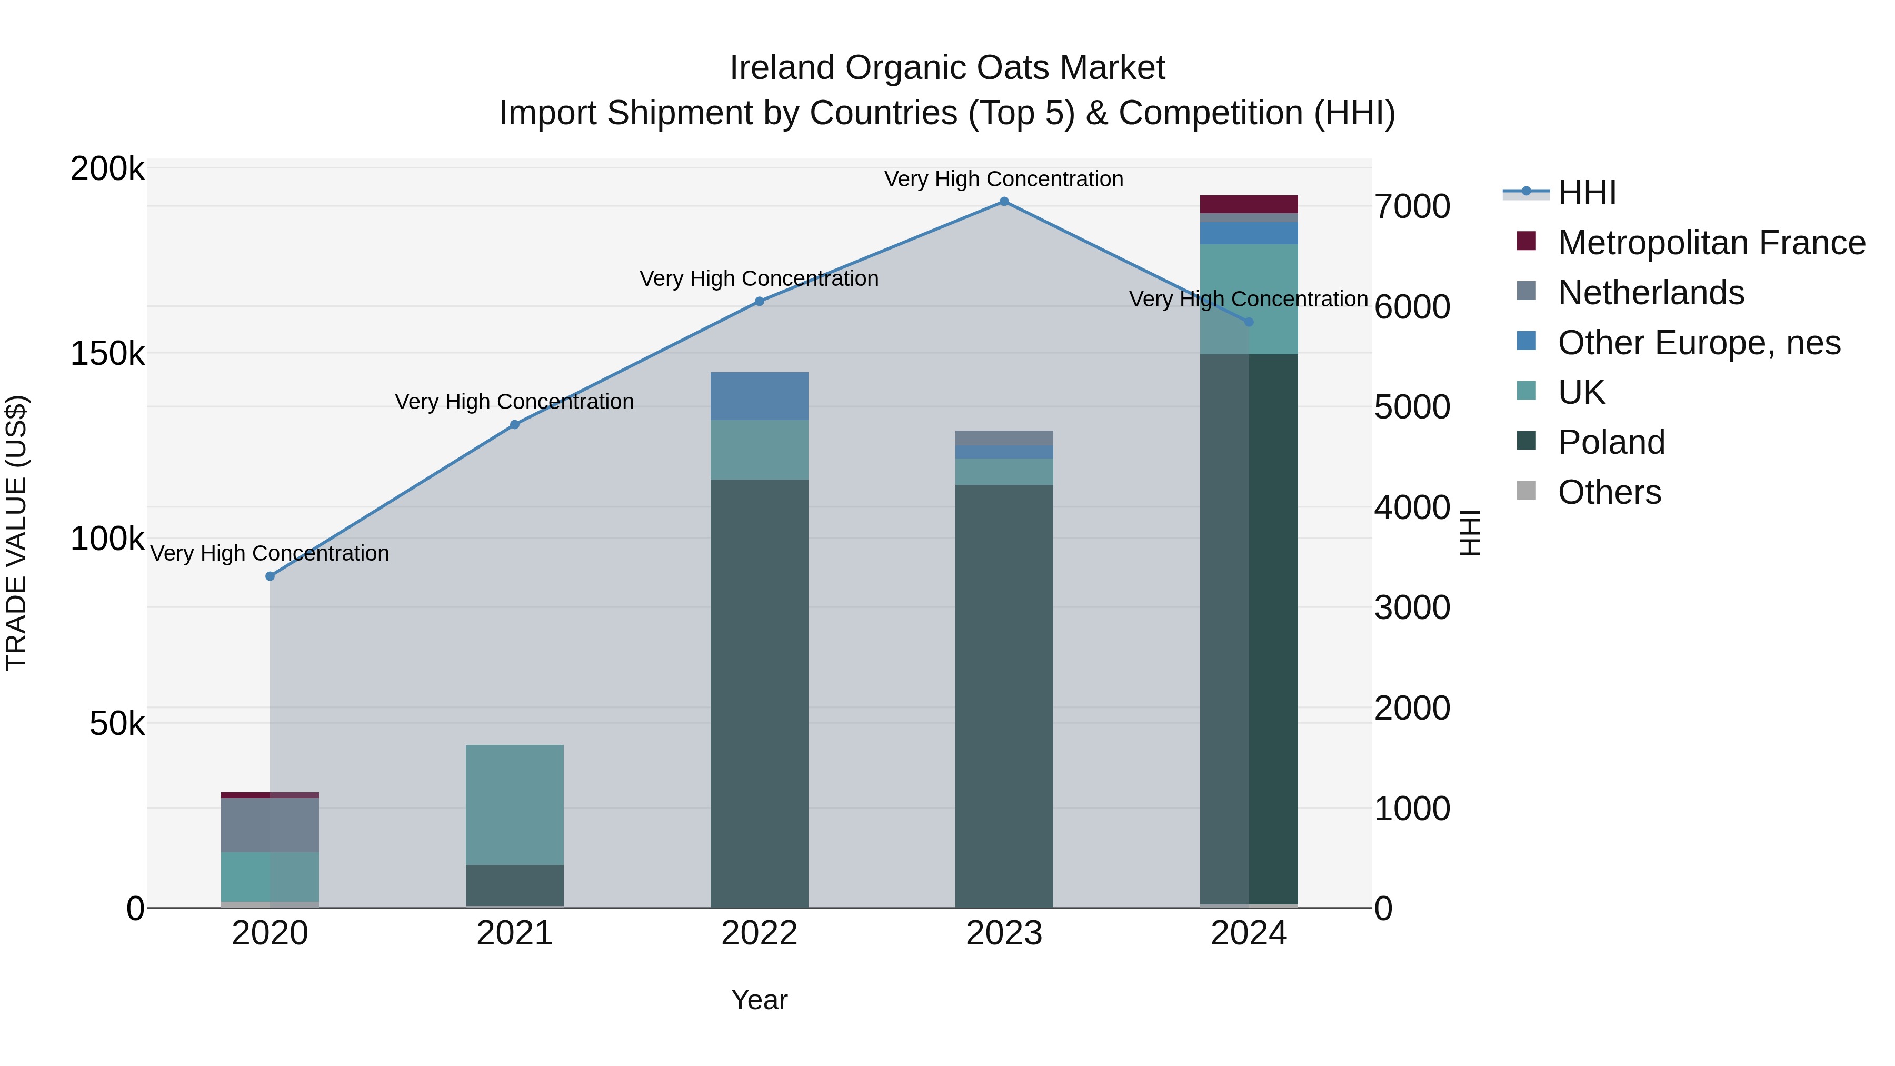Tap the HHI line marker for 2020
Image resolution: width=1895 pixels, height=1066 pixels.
pos(270,576)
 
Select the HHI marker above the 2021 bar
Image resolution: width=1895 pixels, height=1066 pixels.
pos(515,424)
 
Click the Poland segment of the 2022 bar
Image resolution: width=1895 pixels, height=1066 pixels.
pos(759,692)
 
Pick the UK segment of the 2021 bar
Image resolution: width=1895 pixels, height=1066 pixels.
pos(515,804)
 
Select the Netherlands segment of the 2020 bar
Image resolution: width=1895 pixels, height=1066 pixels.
pos(270,825)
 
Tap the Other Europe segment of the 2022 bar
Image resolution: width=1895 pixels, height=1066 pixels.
pos(759,396)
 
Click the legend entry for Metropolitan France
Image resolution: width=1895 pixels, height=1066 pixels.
pos(1710,243)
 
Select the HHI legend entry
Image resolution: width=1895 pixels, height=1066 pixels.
pos(1586,193)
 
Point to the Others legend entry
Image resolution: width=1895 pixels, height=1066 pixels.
pos(1608,492)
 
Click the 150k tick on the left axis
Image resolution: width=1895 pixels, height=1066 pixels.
pos(107,354)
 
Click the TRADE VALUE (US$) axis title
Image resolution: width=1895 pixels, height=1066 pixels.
pos(16,533)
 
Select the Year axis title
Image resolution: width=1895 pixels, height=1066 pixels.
pos(759,1000)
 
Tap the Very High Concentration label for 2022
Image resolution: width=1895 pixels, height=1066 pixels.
pos(759,279)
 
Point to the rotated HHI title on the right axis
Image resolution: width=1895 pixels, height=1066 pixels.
pos(1469,533)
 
